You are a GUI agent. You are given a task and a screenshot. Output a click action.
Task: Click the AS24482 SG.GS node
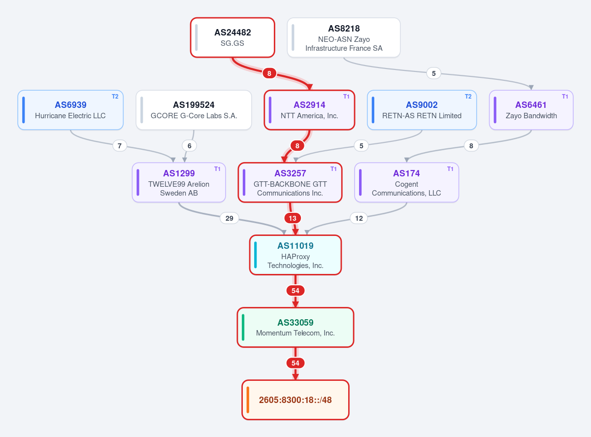232,37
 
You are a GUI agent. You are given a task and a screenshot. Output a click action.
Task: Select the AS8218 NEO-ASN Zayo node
344,37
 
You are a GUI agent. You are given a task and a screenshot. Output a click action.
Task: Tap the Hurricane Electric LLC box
70,110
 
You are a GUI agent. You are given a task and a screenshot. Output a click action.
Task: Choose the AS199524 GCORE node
194,110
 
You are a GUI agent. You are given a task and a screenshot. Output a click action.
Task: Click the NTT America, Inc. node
309,110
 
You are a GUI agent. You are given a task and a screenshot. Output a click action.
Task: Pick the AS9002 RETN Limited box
422,110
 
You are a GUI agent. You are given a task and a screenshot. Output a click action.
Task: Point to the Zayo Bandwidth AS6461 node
531,110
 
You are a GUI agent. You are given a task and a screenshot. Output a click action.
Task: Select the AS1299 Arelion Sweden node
179,183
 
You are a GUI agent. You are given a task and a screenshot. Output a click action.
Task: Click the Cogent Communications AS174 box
407,183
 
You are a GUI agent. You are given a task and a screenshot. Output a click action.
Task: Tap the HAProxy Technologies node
295,255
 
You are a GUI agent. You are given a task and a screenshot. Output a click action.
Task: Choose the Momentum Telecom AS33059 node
295,328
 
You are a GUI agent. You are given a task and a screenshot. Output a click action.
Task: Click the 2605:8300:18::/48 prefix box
295,400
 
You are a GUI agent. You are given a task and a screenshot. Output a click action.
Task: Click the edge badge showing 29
230,218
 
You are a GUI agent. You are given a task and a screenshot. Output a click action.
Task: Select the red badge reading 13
293,218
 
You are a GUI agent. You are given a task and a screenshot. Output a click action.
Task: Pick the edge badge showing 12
359,218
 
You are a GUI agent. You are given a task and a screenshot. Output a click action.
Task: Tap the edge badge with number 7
120,146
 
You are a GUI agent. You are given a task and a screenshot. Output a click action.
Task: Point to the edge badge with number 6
190,146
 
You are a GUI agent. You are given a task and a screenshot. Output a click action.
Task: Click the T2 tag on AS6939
115,97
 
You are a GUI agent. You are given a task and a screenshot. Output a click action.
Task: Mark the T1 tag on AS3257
333,169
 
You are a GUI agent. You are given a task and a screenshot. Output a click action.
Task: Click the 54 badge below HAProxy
295,291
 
